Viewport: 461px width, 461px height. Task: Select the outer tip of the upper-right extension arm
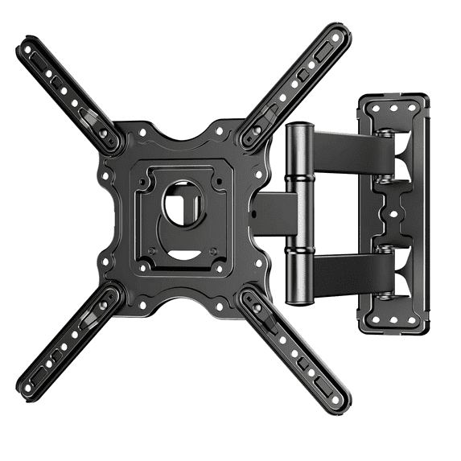tap(343, 34)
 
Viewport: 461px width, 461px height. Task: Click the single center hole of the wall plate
tap(394, 215)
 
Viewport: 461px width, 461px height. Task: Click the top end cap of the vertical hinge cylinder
tap(298, 129)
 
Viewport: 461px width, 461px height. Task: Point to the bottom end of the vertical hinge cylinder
tap(298, 295)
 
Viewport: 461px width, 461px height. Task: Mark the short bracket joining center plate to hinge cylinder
tap(265, 212)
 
